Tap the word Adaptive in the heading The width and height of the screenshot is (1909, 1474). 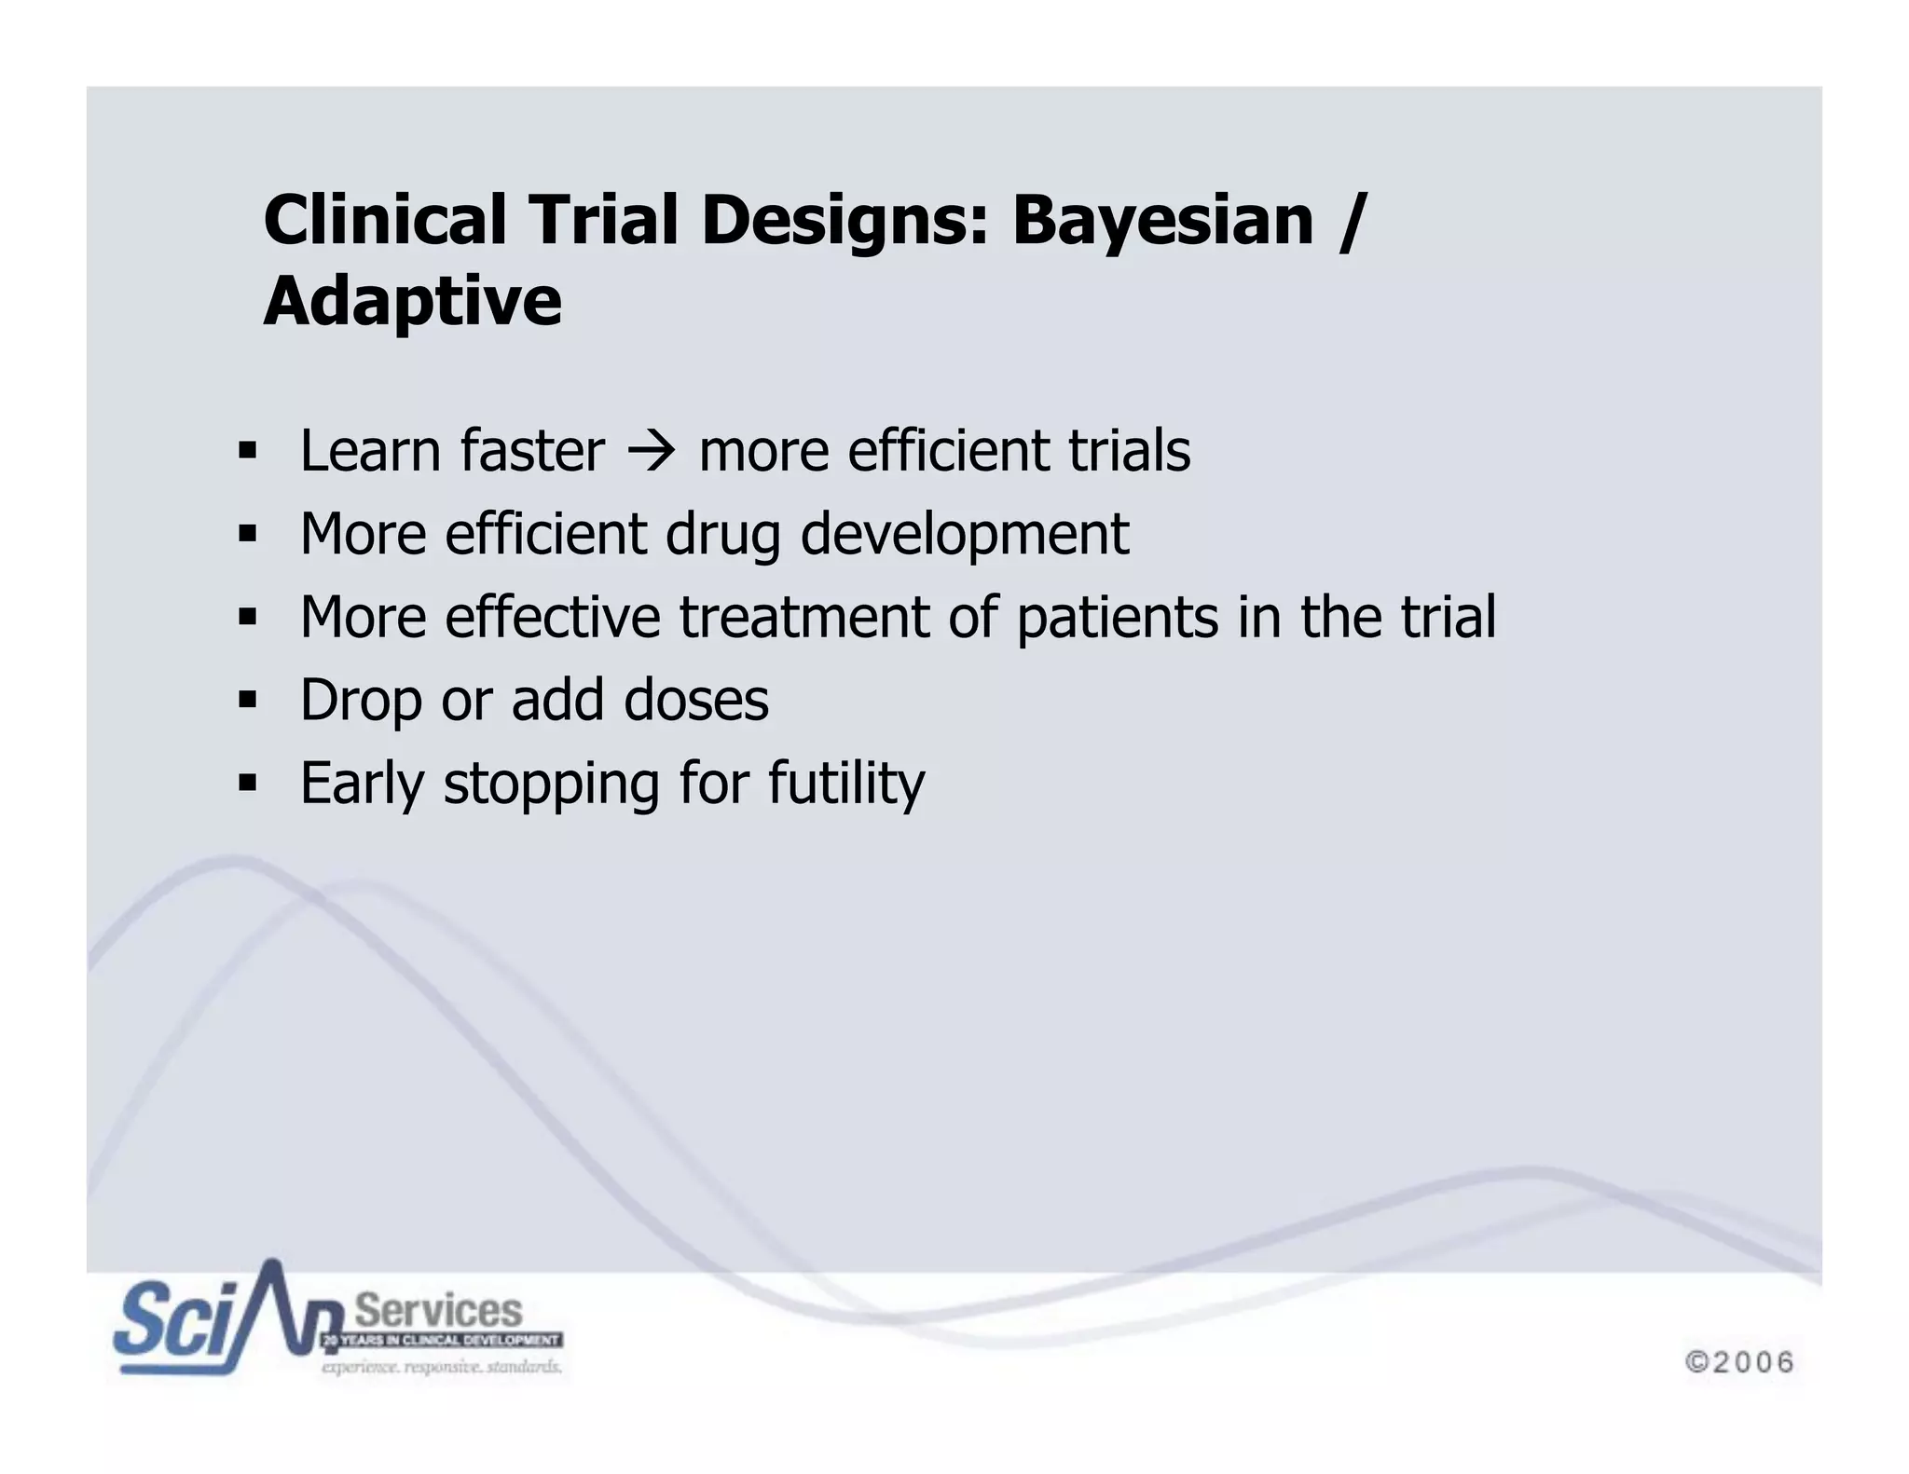coord(413,302)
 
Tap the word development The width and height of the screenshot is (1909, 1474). coord(965,536)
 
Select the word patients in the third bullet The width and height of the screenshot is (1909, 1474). coord(1117,618)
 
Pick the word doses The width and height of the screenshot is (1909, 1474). coord(695,700)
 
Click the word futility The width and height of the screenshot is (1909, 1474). coord(846,784)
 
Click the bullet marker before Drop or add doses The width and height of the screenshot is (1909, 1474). coord(247,700)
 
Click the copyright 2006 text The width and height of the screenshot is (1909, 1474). coord(1739,1362)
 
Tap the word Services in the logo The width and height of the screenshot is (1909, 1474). coord(438,1311)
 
